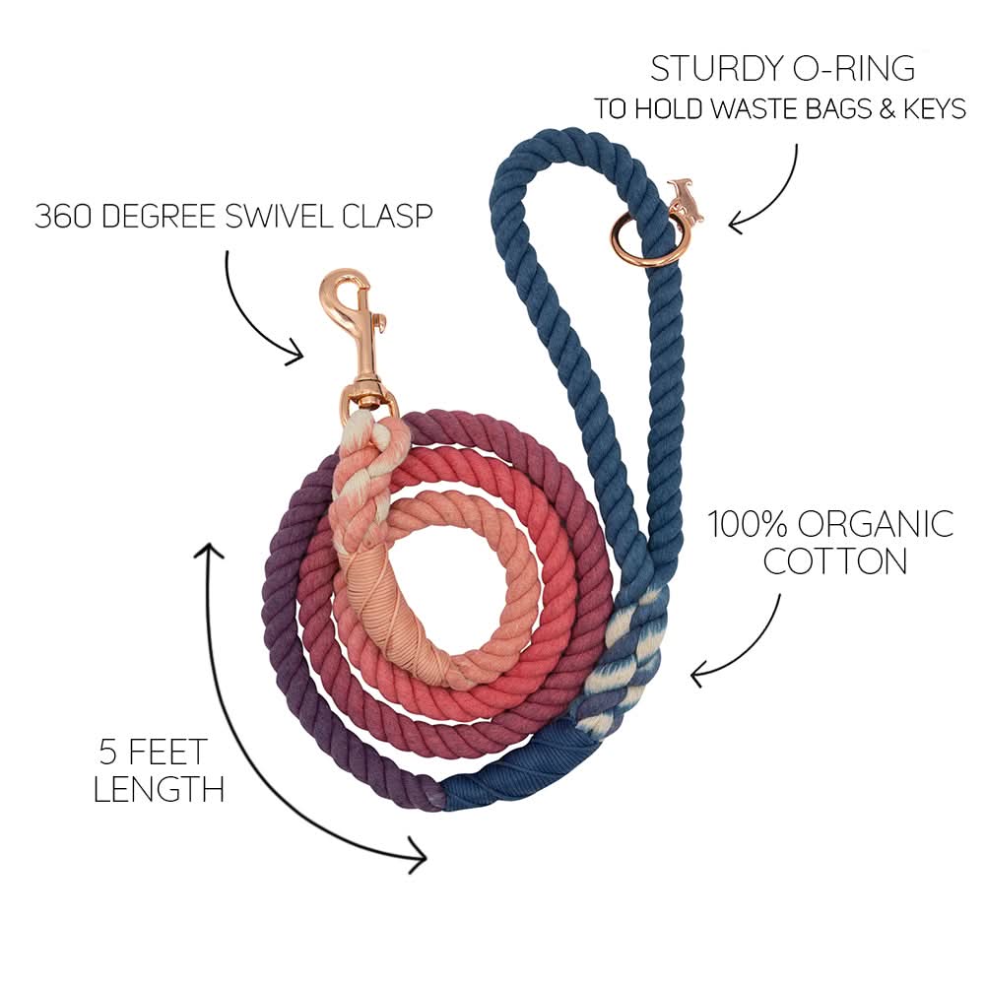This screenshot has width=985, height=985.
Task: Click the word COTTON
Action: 835,561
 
